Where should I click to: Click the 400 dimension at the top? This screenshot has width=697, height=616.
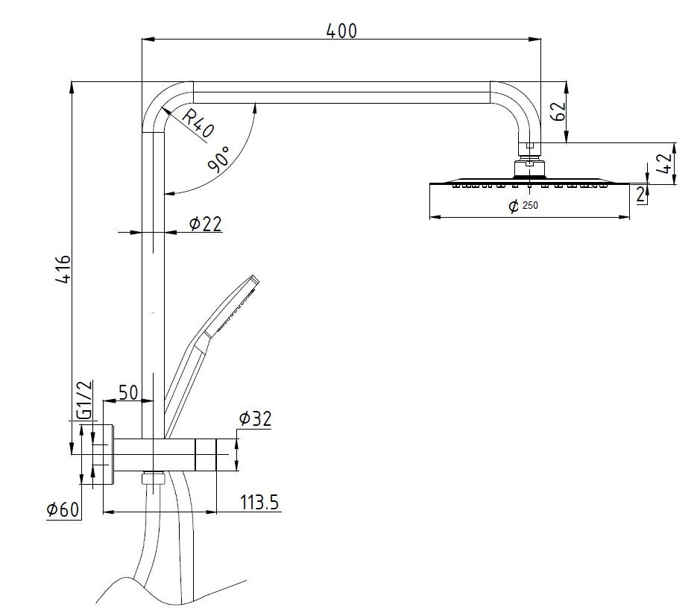pyautogui.click(x=341, y=31)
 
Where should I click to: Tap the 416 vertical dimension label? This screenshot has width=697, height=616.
pyautogui.click(x=64, y=269)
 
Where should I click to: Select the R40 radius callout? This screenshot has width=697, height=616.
pyautogui.click(x=198, y=123)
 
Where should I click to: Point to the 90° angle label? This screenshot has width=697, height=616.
pyautogui.click(x=219, y=159)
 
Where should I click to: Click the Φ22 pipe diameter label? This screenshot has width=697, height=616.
pyautogui.click(x=205, y=224)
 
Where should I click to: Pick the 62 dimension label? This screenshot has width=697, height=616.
pyautogui.click(x=558, y=111)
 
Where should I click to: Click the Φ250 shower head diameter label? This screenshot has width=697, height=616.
pyautogui.click(x=523, y=206)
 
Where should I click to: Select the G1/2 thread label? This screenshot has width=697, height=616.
pyautogui.click(x=84, y=400)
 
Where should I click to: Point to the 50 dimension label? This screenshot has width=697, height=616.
pyautogui.click(x=128, y=393)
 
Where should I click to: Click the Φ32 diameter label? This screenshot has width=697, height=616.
pyautogui.click(x=255, y=419)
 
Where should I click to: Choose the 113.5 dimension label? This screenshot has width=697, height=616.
pyautogui.click(x=259, y=502)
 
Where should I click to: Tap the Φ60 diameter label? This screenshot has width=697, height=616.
pyautogui.click(x=63, y=509)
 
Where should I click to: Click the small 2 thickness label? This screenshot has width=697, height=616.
pyautogui.click(x=640, y=195)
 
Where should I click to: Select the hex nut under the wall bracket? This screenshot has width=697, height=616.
pyautogui.click(x=154, y=479)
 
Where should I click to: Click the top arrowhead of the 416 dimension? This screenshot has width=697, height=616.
pyautogui.click(x=72, y=89)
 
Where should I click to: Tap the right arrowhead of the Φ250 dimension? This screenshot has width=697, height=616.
pyautogui.click(x=624, y=218)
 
